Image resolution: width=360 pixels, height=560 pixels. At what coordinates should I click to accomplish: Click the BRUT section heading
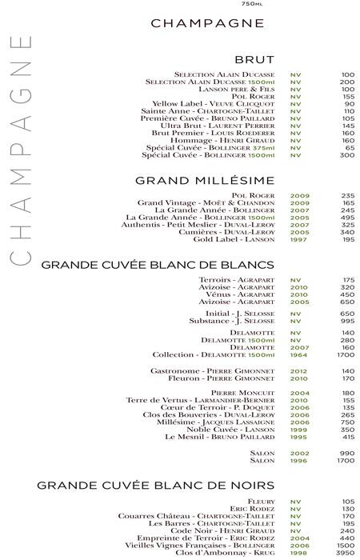coord(254,59)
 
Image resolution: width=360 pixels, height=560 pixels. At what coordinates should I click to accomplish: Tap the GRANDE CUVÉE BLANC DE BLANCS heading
coord(158,264)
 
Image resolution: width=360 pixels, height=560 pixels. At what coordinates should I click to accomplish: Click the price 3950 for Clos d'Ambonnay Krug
coord(345,554)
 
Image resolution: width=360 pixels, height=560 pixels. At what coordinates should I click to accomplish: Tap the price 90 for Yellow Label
coord(349,104)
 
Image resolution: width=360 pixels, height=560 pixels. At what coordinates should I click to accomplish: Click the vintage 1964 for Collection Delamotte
coord(300,354)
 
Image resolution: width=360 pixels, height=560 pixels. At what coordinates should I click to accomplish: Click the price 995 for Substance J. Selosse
coord(347,321)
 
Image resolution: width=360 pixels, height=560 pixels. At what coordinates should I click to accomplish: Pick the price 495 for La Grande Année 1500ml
coord(347,218)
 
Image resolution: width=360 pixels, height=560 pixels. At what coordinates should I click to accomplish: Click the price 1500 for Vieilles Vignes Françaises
coord(345,546)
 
